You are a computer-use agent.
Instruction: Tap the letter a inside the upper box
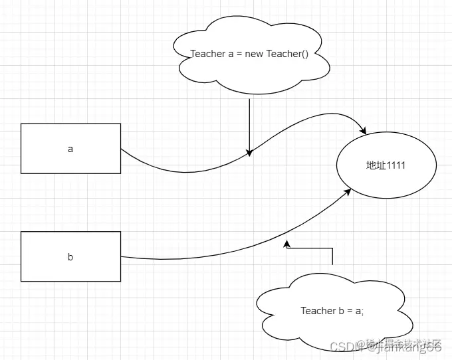(x=70, y=149)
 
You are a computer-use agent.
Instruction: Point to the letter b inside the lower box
(x=70, y=257)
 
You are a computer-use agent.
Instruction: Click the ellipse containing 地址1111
(x=386, y=165)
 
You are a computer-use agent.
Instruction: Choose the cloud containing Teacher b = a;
(x=332, y=311)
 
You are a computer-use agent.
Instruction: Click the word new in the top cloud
(x=255, y=54)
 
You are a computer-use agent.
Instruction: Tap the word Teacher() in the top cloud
(x=288, y=54)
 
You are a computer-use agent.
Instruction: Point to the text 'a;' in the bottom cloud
(x=360, y=311)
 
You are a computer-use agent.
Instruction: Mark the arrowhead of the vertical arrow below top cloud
(x=249, y=153)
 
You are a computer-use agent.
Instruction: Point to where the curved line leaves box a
(x=121, y=149)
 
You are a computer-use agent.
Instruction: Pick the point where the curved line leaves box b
(x=121, y=257)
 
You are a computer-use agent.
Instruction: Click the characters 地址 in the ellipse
(x=376, y=165)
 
